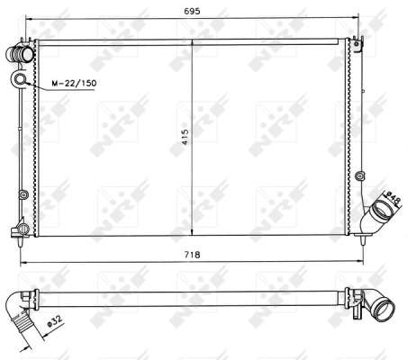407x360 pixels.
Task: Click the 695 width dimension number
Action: tap(192, 12)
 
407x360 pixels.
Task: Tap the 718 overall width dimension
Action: tap(192, 255)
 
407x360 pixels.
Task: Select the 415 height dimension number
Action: tap(185, 137)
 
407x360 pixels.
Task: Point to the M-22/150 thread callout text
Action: tap(74, 83)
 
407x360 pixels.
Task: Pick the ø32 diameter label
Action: tap(54, 322)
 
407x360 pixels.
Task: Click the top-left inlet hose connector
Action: tap(20, 54)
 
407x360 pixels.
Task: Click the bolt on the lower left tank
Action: tap(23, 194)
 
